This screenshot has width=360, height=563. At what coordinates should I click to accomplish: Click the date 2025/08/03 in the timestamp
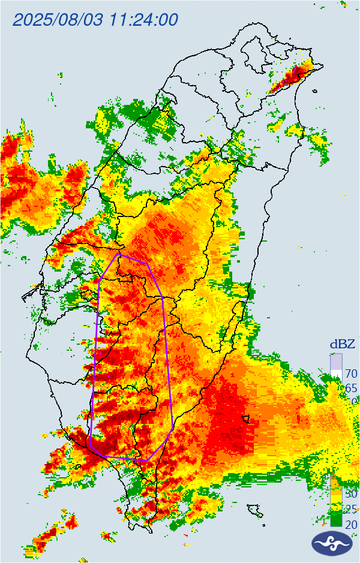pos(58,19)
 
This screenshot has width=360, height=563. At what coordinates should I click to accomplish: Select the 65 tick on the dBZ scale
pos(351,388)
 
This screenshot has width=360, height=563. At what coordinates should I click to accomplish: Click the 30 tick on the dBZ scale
pos(350,494)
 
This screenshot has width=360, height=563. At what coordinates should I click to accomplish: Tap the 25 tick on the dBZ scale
pos(350,510)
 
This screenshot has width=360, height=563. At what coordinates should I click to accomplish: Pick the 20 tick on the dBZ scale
pos(350,525)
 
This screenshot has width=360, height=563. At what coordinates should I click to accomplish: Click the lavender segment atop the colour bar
pos(336,362)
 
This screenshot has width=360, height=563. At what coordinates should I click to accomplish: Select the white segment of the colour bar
pos(336,374)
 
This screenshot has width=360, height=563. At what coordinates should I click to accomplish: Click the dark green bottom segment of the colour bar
pos(336,520)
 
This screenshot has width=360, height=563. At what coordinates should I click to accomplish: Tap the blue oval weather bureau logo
pos(332,543)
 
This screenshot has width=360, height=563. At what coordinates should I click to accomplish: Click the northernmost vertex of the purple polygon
pos(119,254)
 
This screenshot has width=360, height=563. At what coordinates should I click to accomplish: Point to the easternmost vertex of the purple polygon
pos(173,428)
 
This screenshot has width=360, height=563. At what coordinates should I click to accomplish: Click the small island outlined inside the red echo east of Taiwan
pos(245,418)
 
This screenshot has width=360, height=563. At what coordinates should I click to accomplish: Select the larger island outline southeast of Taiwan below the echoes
pos(256,510)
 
